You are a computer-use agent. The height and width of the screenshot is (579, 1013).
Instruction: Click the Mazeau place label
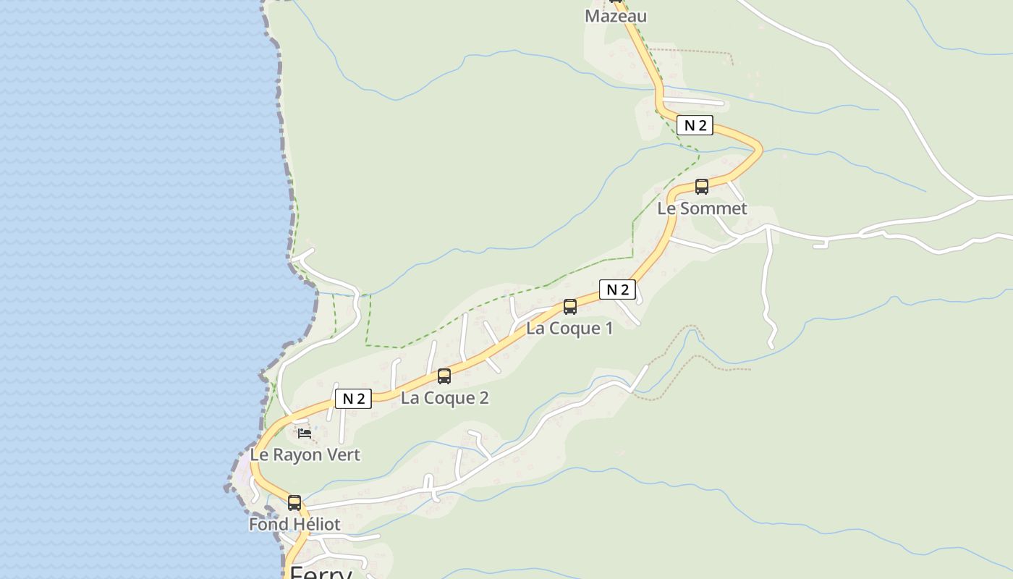(x=615, y=16)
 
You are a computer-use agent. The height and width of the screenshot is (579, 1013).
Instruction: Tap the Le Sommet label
(x=702, y=208)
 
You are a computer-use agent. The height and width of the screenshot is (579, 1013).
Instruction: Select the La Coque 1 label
(x=569, y=328)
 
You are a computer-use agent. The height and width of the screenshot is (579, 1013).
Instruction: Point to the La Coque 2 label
(x=445, y=397)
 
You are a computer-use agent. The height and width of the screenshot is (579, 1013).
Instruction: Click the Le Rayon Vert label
(x=305, y=455)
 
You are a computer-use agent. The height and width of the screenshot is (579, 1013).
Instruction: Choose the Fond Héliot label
(x=294, y=524)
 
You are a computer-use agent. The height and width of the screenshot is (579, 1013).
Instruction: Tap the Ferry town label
(x=321, y=572)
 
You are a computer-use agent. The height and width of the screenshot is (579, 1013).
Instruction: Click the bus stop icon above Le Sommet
(x=701, y=186)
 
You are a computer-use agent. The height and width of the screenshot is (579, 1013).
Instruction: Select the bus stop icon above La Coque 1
(x=570, y=306)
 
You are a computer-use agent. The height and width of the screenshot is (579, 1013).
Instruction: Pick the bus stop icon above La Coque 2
(x=444, y=376)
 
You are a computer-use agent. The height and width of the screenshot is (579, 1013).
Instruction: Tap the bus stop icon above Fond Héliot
(x=294, y=502)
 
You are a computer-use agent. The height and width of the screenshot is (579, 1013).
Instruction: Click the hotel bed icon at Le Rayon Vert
(x=305, y=434)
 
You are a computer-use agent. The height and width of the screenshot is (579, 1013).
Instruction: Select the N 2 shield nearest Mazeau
(x=695, y=125)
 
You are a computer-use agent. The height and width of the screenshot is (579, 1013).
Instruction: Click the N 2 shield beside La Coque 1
(x=617, y=289)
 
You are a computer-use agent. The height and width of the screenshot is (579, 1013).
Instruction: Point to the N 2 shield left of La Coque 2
(x=353, y=398)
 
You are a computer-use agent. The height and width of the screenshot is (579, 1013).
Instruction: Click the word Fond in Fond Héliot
(x=266, y=524)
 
